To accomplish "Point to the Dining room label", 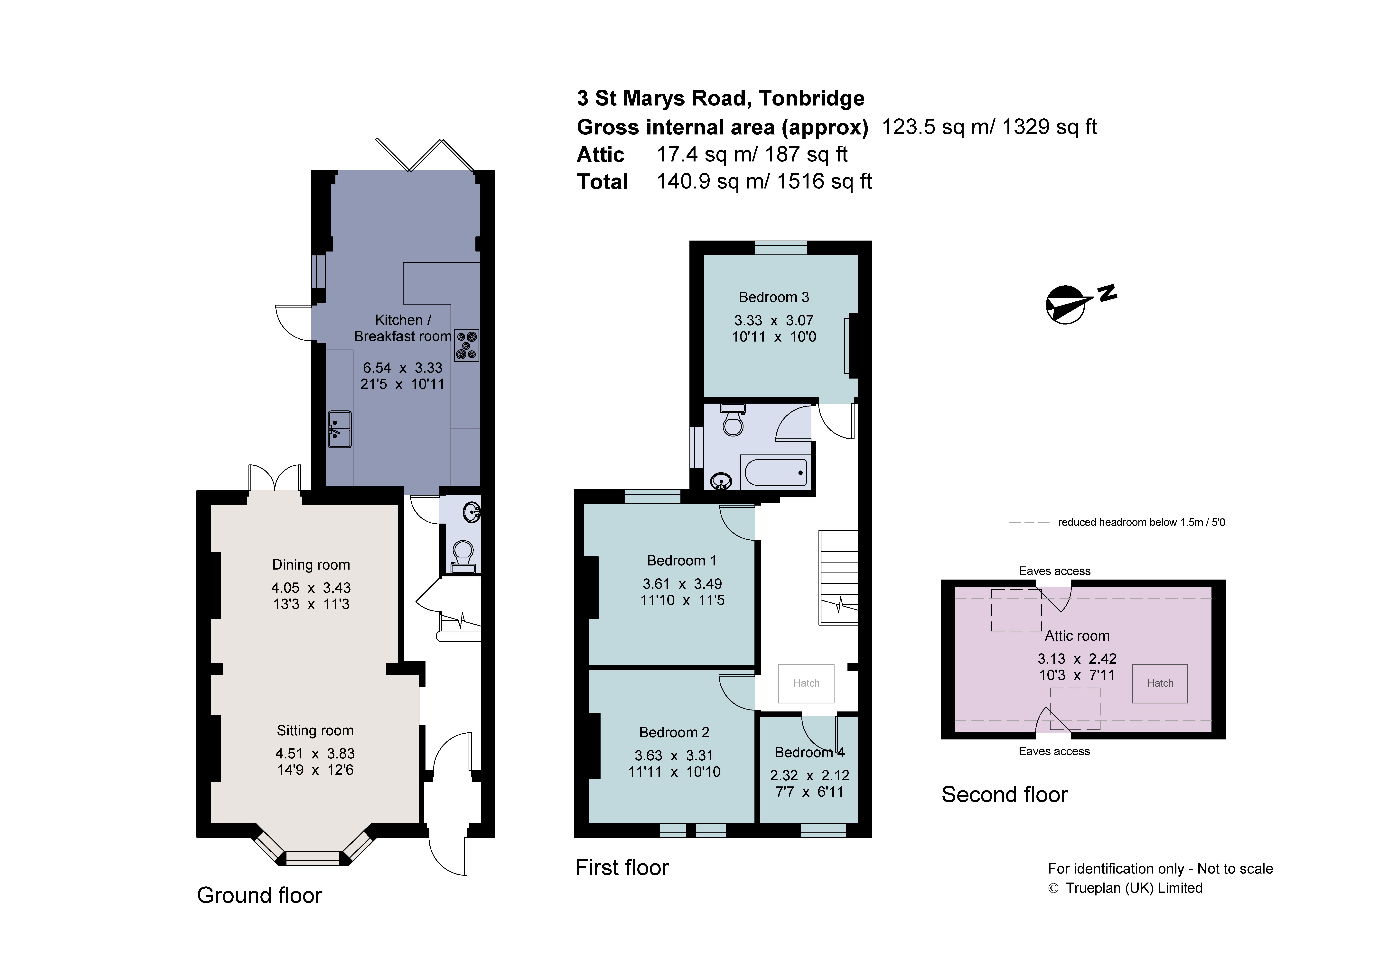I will click(x=311, y=565).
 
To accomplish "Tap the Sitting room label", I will click(x=315, y=730).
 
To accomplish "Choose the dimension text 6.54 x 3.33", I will click(x=402, y=368).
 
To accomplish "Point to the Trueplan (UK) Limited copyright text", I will click(x=1125, y=888).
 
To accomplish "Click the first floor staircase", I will click(x=838, y=577).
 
